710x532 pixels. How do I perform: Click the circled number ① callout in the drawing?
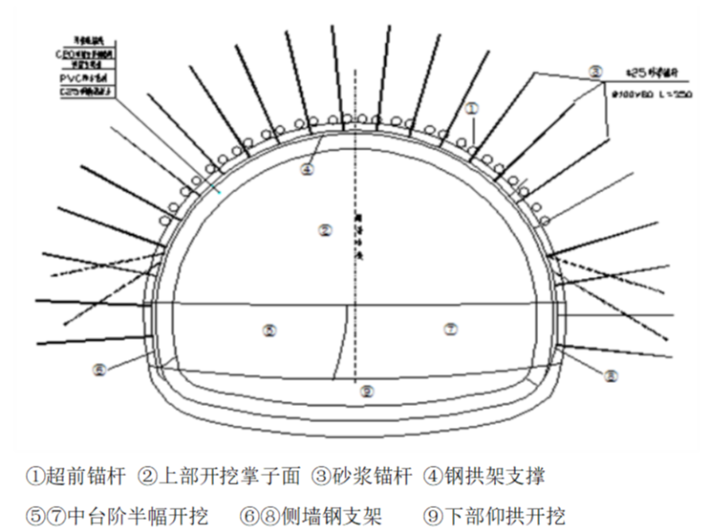473,108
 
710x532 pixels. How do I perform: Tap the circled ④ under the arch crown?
307,170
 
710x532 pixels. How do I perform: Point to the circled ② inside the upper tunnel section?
324,230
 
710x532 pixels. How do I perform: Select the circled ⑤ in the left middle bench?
269,329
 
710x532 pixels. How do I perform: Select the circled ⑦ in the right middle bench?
451,329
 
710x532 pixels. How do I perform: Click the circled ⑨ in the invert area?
367,392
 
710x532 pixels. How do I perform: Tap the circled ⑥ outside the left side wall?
100,369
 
